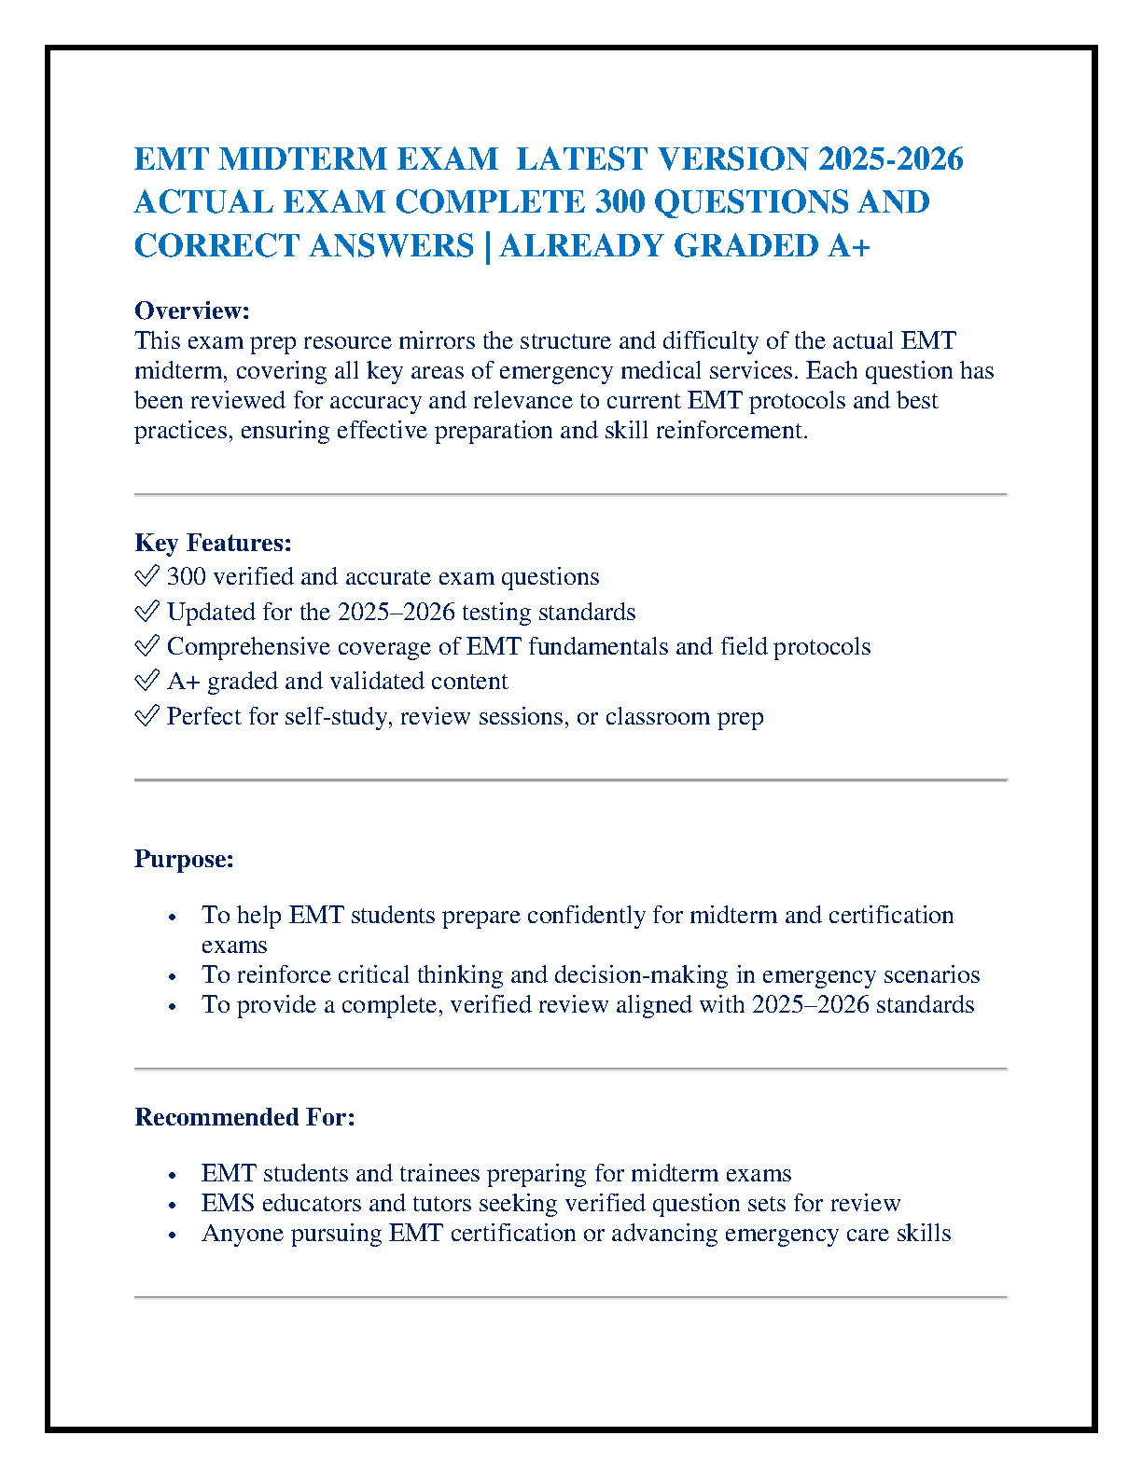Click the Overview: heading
coord(192,311)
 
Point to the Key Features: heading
coord(213,543)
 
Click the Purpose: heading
coord(184,859)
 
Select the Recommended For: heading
coord(244,1117)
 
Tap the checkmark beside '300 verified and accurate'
coord(146,577)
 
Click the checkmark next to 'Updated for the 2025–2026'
coord(146,613)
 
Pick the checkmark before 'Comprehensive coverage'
coord(146,647)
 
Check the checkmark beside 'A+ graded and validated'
coord(146,682)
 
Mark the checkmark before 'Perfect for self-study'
coord(146,717)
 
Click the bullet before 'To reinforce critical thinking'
coord(173,977)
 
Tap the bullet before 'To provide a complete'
coord(173,1007)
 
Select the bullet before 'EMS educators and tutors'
coord(173,1206)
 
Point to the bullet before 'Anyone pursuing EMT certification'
coord(173,1235)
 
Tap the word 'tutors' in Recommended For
coord(442,1204)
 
